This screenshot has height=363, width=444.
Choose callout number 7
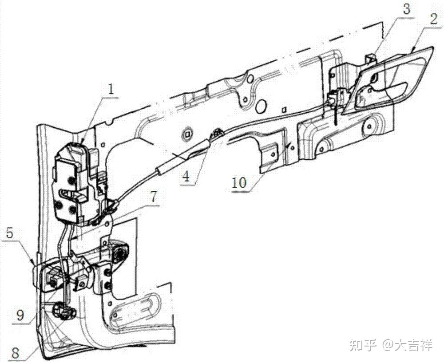tap(152, 197)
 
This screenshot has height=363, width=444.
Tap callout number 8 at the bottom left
tap(16, 354)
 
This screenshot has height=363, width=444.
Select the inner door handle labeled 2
tap(391, 80)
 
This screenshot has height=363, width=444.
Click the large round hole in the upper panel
tap(261, 106)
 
